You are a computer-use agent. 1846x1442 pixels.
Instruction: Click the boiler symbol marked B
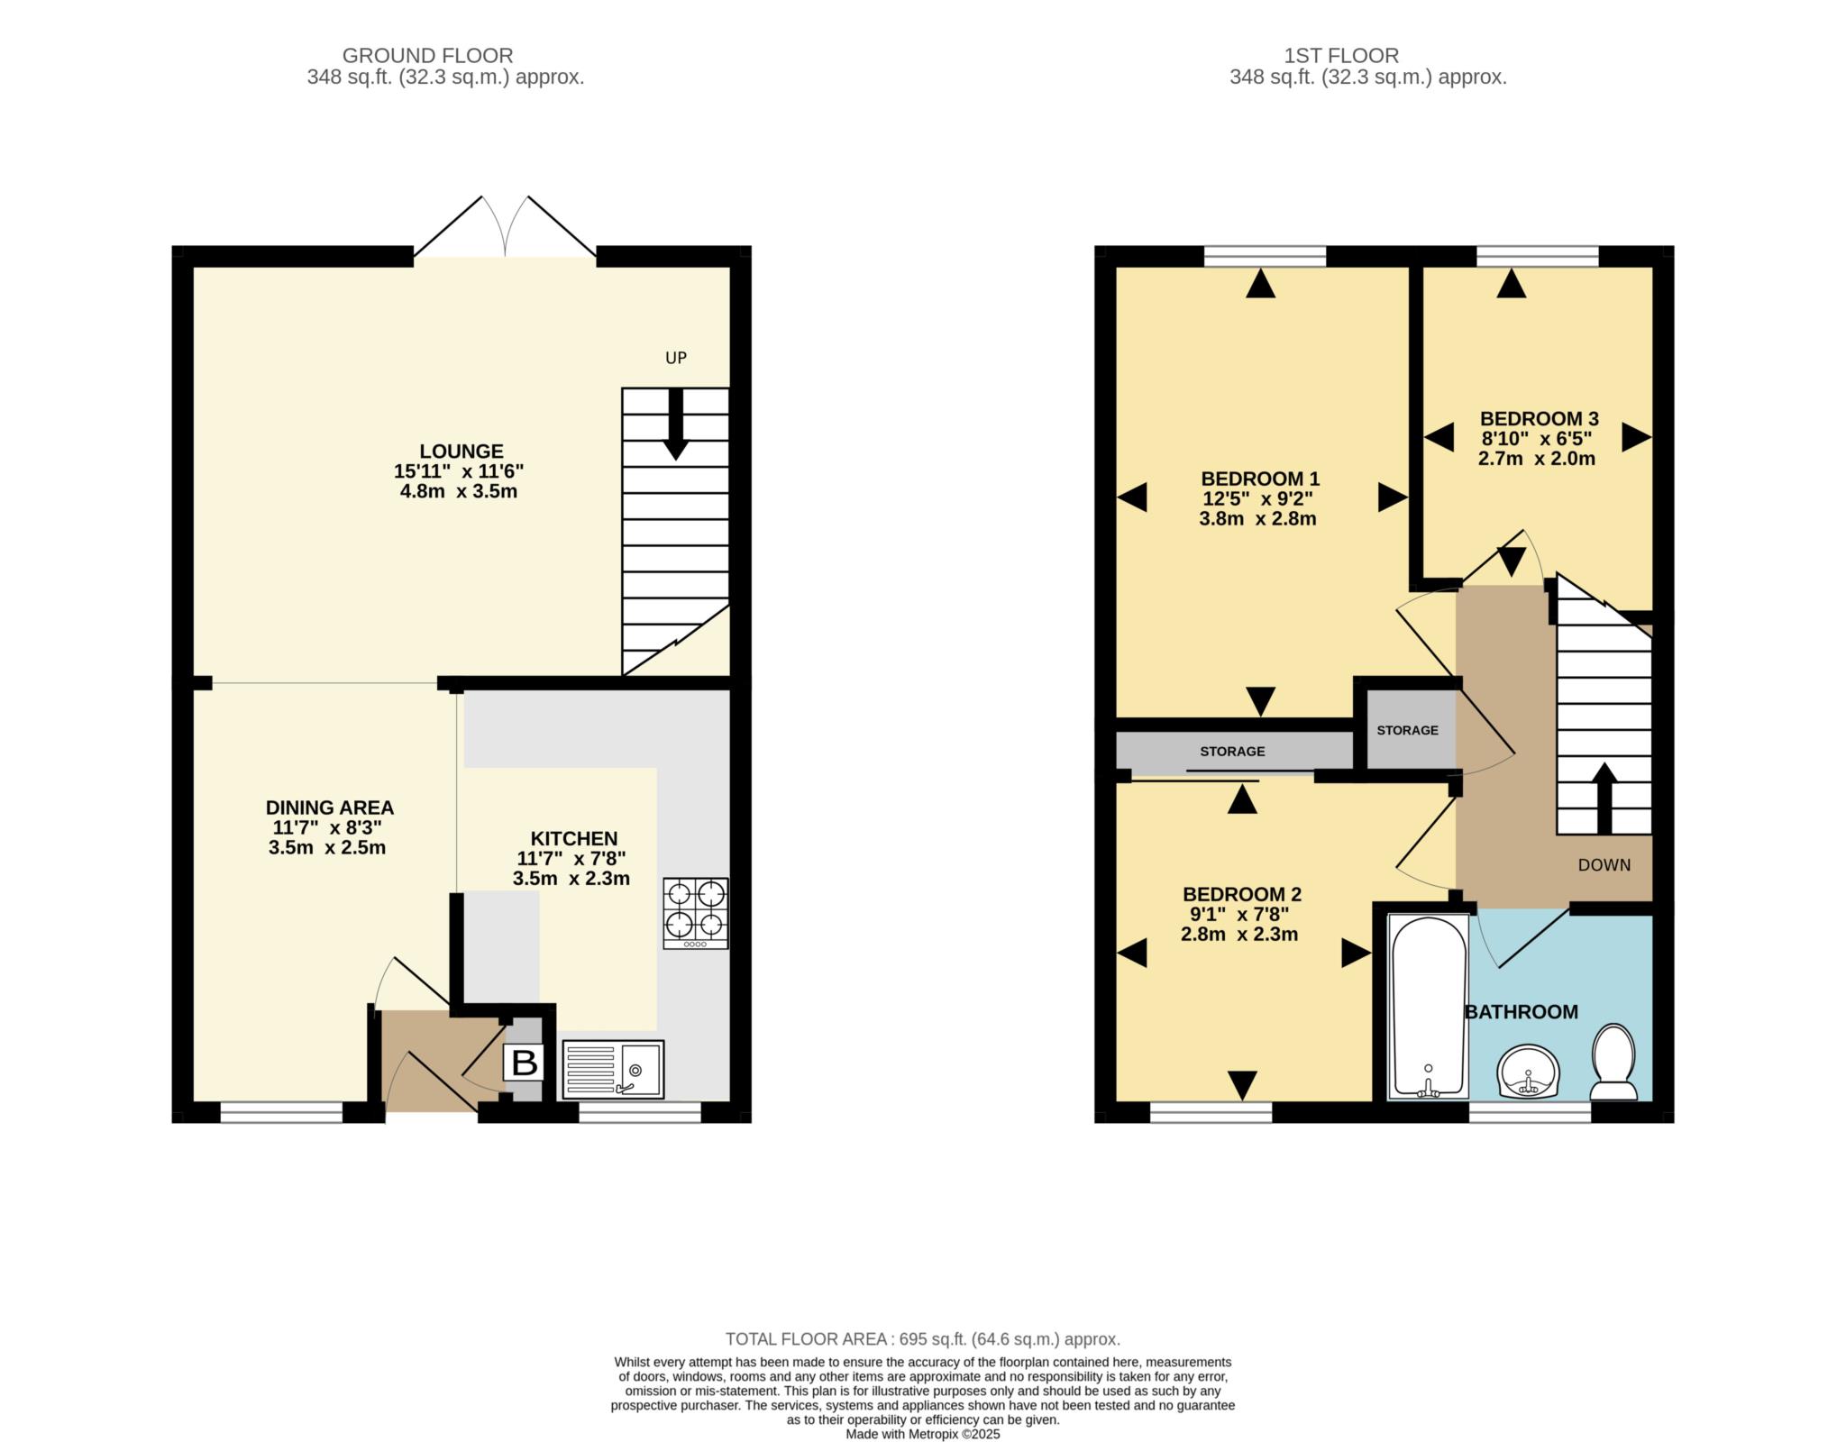524,1063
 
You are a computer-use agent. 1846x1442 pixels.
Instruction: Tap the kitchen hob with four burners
696,913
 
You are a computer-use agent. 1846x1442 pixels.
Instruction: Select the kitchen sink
613,1069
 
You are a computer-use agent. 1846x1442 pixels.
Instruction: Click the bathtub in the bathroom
1428,1006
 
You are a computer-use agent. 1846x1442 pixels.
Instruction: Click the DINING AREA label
330,808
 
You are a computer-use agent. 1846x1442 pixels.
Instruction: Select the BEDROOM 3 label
1540,418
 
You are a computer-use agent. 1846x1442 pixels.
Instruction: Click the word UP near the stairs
676,358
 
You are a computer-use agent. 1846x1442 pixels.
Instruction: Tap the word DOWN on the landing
1604,865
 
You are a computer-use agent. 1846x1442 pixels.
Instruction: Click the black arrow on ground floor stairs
676,424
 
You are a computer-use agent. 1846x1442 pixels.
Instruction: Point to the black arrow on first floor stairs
1604,799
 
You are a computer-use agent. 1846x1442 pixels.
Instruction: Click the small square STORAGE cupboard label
1408,730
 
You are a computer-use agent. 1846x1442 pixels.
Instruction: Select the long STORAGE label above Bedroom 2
1232,751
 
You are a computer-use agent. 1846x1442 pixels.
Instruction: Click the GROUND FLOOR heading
427,56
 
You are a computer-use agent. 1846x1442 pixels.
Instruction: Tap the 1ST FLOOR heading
1341,56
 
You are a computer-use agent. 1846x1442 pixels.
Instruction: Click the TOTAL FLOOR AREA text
923,1339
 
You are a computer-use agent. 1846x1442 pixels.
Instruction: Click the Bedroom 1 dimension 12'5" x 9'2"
1257,498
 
